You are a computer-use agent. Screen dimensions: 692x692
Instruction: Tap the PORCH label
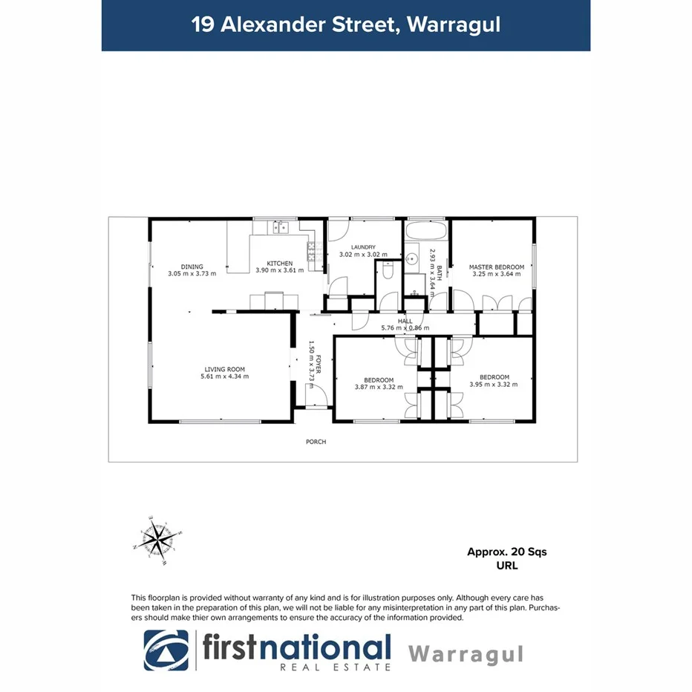[316, 442]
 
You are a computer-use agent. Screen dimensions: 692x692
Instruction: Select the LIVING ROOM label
[224, 369]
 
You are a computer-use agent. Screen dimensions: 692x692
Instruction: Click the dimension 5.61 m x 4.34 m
[224, 376]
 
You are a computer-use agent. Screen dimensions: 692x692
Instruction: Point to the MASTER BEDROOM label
[496, 267]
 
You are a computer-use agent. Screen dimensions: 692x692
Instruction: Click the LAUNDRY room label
[363, 247]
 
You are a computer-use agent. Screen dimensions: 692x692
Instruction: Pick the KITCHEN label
[280, 263]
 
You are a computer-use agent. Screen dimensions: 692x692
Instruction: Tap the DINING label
[192, 267]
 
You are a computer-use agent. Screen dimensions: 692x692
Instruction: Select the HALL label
[405, 321]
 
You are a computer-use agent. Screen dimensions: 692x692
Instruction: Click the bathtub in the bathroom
[426, 230]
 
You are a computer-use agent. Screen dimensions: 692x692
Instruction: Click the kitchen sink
[278, 226]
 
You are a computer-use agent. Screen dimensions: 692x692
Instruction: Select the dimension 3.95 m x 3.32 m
[493, 385]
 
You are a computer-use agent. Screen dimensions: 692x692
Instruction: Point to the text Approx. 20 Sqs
[506, 552]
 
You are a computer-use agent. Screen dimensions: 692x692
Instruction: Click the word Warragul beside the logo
[466, 654]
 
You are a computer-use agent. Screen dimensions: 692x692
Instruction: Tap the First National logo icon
[166, 650]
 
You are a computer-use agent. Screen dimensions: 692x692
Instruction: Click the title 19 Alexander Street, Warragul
[345, 25]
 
